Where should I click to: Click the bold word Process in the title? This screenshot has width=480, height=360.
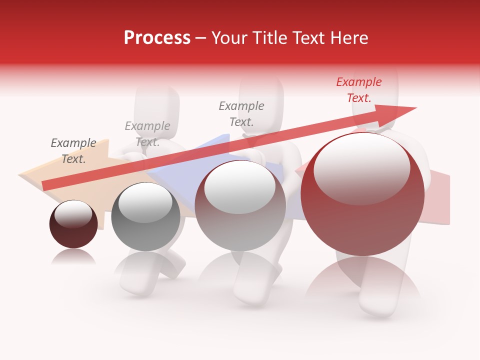(157, 37)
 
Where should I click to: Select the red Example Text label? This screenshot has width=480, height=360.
(358, 89)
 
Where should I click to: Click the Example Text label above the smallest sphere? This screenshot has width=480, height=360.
(73, 151)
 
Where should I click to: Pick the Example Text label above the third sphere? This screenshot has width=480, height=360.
(241, 113)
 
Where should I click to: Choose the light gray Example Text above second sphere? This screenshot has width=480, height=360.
(147, 134)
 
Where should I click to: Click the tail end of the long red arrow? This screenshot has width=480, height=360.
(46, 185)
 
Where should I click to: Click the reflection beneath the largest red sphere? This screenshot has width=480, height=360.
(362, 280)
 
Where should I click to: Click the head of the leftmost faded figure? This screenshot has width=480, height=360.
(157, 102)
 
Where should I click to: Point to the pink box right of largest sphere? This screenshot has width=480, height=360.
(439, 197)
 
